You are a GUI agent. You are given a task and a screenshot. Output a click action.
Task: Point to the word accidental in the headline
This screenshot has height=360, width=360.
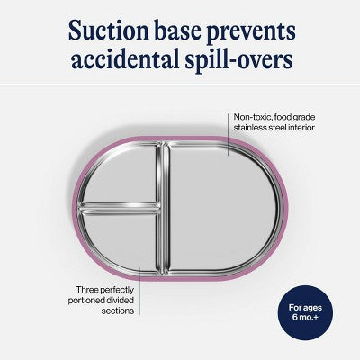coord(124,58)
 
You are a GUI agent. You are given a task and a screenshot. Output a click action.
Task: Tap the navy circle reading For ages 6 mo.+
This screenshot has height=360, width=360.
coord(305,312)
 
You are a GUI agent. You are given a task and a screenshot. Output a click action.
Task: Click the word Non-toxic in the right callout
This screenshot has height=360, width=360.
coord(251,117)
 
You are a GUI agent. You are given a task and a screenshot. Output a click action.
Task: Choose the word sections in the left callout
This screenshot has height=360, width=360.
coord(117,311)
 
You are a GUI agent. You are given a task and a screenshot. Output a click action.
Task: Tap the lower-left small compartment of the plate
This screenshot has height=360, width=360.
coord(120,241)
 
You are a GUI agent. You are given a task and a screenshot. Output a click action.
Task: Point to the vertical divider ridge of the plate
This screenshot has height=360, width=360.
coord(163,209)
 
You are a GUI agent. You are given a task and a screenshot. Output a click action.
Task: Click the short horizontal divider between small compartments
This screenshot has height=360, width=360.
coord(119,209)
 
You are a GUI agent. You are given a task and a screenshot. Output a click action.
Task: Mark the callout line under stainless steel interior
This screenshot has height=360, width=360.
coord(229,135)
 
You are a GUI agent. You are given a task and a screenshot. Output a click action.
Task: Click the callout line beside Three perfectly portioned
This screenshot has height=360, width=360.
coord(139,291)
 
